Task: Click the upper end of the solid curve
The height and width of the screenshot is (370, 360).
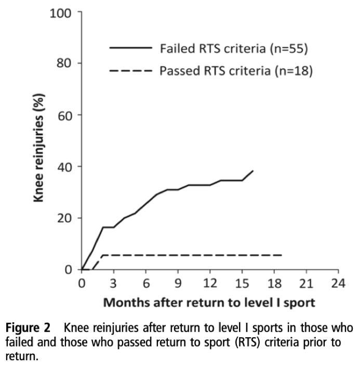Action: (x=253, y=171)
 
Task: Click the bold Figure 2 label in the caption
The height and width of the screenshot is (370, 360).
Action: (x=35, y=328)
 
